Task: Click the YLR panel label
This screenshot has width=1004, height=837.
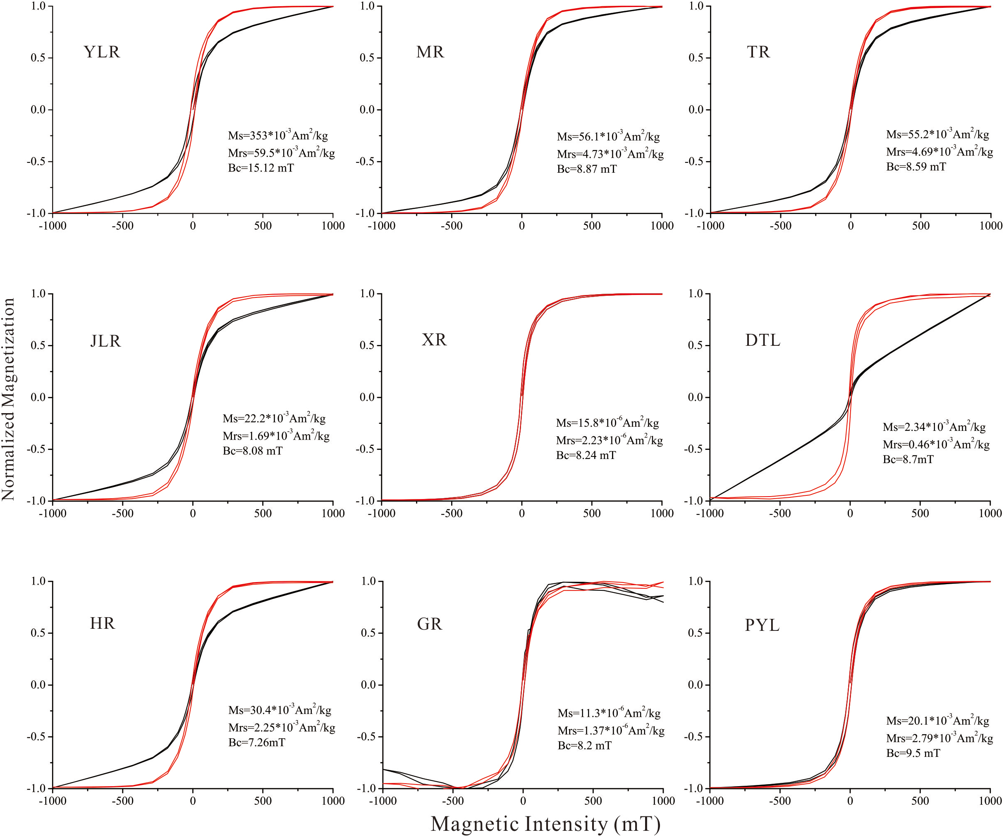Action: point(101,52)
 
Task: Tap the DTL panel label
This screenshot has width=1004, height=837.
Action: point(763,340)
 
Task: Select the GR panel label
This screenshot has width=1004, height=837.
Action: point(429,624)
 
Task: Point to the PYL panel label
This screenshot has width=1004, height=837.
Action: point(762,625)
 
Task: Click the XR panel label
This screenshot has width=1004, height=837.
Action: point(434,340)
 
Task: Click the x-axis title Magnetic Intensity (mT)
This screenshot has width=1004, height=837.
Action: point(545,824)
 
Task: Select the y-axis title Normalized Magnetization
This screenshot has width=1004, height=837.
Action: point(9,399)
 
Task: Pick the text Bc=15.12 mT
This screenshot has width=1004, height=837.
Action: point(261,168)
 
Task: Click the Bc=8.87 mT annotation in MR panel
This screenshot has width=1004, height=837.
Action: point(587,169)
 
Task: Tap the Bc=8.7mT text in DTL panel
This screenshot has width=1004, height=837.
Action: point(908,459)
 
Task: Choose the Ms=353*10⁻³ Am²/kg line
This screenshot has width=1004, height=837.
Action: point(278,136)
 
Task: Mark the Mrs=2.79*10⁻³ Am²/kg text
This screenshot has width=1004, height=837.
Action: point(939,738)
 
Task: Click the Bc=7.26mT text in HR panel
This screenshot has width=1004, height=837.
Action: point(257,742)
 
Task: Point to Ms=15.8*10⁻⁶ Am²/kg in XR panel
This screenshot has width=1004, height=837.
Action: point(607,423)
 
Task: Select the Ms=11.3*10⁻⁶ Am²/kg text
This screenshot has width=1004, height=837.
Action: point(609,713)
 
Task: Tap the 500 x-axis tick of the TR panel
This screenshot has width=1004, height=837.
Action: point(920,226)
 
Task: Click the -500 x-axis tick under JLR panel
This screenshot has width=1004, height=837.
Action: point(122,514)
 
